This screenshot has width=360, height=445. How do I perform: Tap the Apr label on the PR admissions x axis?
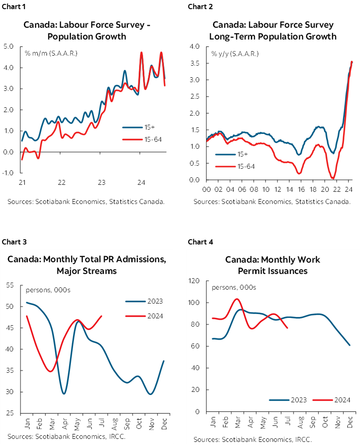(x=65, y=423)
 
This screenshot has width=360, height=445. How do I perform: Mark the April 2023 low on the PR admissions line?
(x=64, y=394)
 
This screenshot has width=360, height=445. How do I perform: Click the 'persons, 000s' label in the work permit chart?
(x=234, y=288)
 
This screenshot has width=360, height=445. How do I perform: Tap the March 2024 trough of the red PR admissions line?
(x=51, y=371)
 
